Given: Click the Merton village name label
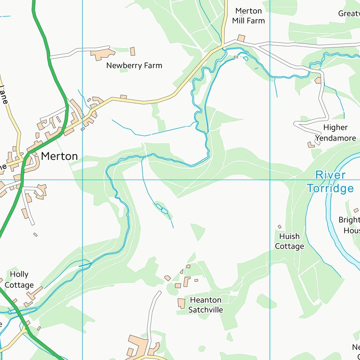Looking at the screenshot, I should click(x=59, y=156).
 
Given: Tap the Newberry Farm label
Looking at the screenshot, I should click(x=134, y=66).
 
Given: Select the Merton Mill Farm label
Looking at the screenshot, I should click(x=248, y=15).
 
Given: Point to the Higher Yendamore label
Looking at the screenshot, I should click(x=335, y=133).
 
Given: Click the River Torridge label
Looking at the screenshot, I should click(x=330, y=182).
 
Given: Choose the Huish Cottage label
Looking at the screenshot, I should click(x=289, y=241).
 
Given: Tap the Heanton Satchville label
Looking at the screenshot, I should click(x=205, y=305).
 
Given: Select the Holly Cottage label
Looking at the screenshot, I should click(x=19, y=279).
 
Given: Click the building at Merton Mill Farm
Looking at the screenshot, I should click(x=241, y=38).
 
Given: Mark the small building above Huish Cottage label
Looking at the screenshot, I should click(x=280, y=227).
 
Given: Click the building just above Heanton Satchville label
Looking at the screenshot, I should click(x=181, y=303).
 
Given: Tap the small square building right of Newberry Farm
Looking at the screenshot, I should click(x=133, y=51).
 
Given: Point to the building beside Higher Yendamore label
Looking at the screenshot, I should click(x=311, y=145).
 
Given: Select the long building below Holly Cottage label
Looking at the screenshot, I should click(x=35, y=294).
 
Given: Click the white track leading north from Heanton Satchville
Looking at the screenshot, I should click(x=151, y=314).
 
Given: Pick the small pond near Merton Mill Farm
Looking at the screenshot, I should click(x=245, y=59).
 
